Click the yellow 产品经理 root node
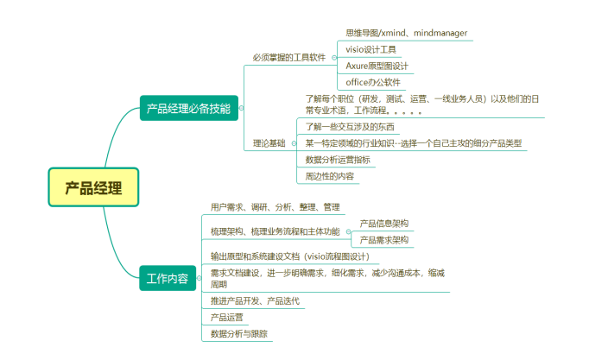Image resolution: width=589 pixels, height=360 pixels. coord(93,186)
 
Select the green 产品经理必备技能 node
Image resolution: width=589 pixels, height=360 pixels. coord(188,109)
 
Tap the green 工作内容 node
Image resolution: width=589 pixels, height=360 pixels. coord(167,278)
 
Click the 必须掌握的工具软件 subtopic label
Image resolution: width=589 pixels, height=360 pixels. coord(288,58)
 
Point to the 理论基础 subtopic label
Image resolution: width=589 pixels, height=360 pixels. coord(269,142)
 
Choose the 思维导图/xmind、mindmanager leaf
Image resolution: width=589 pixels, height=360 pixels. coord(406,33)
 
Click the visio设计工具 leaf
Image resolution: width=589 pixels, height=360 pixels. coord(370,49)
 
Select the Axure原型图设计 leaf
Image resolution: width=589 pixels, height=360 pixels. coord(377,66)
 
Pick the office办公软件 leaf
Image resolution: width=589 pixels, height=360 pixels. coord(373,82)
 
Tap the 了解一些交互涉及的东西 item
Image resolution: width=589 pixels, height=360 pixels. coord(350,126)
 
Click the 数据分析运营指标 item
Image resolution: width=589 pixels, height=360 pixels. coord(338,160)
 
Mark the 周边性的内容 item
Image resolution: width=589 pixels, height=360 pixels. coord(329,176)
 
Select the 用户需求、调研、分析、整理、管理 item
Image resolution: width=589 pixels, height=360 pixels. coord(275,207)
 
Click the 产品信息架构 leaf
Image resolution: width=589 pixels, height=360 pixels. coord(383,223)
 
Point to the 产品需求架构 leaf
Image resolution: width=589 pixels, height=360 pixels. coord(383,239)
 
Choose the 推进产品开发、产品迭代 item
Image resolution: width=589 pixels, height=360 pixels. coord(256,300)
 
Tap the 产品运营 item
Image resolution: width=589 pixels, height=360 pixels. coord(226,317)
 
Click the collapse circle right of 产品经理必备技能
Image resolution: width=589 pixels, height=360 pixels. coord(241,109)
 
